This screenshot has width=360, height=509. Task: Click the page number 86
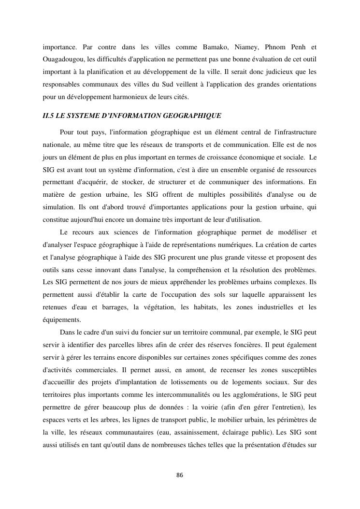pos(180,475)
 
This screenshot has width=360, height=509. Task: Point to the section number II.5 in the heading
pos(49,116)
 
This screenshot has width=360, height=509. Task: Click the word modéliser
pos(289,232)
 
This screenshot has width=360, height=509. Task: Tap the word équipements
pos(61,320)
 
